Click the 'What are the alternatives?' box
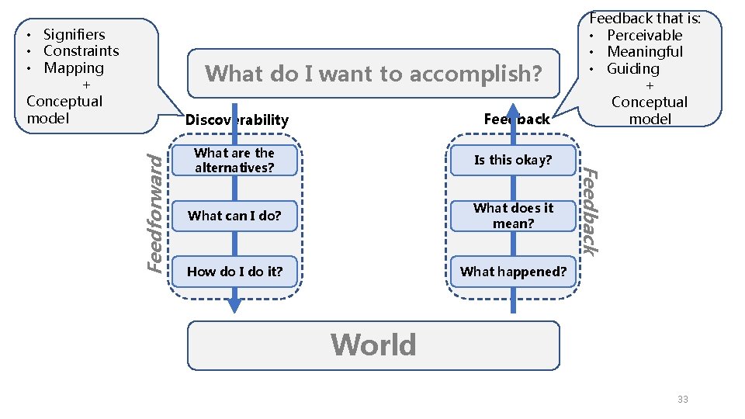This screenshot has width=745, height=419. [x=234, y=160]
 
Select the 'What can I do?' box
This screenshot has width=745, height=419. [x=234, y=216]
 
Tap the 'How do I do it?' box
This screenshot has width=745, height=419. [x=234, y=272]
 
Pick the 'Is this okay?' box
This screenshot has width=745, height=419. [x=513, y=160]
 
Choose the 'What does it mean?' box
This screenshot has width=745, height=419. [x=513, y=216]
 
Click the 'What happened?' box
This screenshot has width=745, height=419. [x=513, y=272]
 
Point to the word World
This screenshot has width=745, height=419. [x=373, y=345]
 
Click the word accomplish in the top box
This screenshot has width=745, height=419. [x=475, y=74]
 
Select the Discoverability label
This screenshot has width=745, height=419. [x=237, y=119]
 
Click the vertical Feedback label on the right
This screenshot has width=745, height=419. [x=591, y=211]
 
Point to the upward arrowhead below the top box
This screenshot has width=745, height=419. [x=513, y=110]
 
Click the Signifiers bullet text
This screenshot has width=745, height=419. [x=74, y=34]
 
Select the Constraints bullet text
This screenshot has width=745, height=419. [x=81, y=51]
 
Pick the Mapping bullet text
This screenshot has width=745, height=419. [x=73, y=68]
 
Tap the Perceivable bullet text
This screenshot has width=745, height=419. [x=644, y=35]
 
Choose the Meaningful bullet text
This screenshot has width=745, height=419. [x=645, y=52]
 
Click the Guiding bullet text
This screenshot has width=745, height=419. [x=632, y=69]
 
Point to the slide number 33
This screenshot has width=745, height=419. [x=683, y=399]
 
